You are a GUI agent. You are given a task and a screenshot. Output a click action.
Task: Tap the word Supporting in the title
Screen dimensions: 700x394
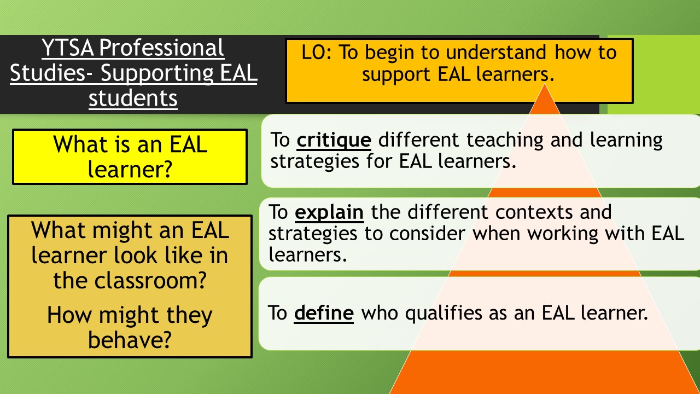point(157,73)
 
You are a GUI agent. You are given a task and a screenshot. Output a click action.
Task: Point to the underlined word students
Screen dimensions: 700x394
point(133,98)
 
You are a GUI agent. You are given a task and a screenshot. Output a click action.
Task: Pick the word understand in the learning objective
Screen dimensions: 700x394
point(496,52)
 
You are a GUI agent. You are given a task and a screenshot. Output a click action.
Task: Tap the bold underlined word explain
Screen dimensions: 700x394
point(329,213)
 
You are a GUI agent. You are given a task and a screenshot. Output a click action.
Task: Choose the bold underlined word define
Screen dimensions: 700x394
point(324,312)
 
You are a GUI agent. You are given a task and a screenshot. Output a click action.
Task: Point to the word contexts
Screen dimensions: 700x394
point(534,212)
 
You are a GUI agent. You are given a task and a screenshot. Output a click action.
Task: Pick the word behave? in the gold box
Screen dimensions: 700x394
point(130,340)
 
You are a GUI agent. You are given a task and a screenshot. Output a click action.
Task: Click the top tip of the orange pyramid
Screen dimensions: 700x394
point(545,84)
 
